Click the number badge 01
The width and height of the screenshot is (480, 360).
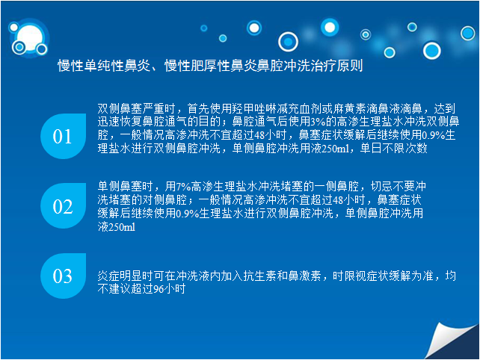point(64,136)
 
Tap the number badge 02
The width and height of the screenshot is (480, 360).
point(64,206)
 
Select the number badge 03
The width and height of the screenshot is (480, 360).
point(64,276)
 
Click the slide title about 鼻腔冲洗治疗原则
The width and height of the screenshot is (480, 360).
point(210,66)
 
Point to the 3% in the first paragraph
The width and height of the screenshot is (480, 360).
point(318,122)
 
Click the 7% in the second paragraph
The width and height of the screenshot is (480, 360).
point(183,186)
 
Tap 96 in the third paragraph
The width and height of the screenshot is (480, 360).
point(158,289)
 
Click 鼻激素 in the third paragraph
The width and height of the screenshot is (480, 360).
point(304,276)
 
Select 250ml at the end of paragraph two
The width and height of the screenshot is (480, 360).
point(122,227)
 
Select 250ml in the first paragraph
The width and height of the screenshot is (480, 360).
point(336,149)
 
